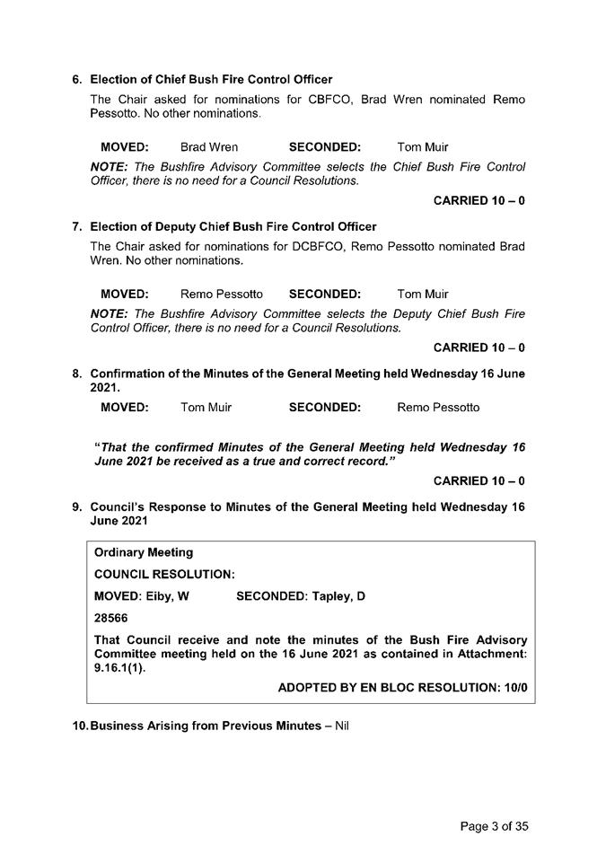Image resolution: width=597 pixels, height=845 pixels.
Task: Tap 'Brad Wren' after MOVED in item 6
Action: (x=209, y=146)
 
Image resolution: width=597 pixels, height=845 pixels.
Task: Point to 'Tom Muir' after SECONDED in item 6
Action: (x=422, y=146)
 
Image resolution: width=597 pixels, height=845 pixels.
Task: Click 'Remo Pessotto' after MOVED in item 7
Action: (x=222, y=294)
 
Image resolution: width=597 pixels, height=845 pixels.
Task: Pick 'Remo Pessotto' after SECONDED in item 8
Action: (x=438, y=408)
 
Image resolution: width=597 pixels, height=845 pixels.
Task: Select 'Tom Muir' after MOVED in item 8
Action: (x=206, y=408)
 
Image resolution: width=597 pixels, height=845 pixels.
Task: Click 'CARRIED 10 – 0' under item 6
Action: (x=478, y=200)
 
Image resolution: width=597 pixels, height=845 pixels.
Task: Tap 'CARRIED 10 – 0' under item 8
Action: (x=478, y=481)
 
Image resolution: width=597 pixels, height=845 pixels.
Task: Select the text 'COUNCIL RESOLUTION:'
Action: (x=164, y=574)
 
